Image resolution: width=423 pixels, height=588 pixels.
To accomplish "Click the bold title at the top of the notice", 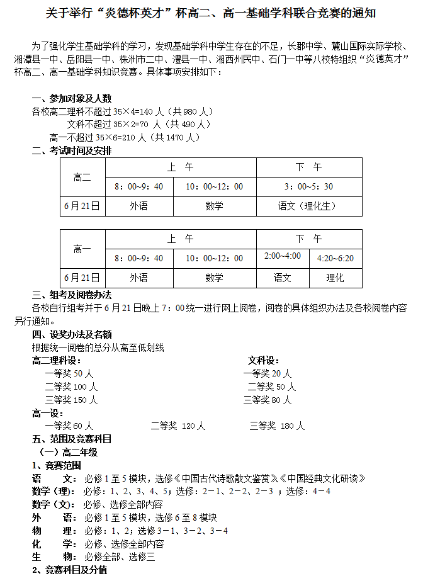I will coord(211,13).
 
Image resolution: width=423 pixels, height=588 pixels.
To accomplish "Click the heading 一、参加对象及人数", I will coord(72,98).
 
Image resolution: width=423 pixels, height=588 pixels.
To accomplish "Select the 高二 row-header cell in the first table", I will coord(82,178).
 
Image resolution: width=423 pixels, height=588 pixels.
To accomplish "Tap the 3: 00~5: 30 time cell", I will coord(308,186).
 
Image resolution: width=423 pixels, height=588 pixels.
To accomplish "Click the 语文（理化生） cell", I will coord(308,206).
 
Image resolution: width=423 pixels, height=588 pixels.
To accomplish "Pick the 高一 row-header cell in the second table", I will coord(82,249).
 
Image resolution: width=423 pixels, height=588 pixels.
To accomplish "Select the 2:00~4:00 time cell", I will coord(283,256).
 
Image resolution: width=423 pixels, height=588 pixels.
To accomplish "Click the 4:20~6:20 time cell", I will coord(336,258).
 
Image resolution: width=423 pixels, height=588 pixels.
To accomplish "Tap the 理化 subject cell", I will coord(336,278).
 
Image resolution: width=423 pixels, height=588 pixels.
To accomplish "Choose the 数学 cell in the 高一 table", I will coord(214,278).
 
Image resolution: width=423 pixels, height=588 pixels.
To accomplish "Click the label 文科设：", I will coord(264,360).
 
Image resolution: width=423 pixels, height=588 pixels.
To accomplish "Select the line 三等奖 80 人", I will coord(268,400).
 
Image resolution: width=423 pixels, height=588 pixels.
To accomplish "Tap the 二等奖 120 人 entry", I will coord(178,426).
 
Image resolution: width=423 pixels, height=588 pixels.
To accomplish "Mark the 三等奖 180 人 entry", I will coord(277,426).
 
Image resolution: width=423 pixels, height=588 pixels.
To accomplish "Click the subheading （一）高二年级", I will coord(68,452).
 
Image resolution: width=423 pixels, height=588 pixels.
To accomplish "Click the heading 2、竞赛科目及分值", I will coord(69,570).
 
